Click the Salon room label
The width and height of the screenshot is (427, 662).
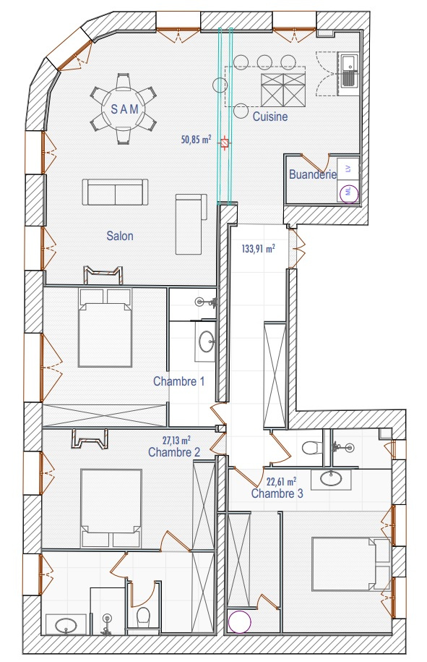tap(120, 236)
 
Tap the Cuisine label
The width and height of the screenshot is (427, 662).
tap(270, 116)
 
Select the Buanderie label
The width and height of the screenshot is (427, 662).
tap(313, 174)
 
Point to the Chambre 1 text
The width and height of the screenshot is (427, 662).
tap(178, 381)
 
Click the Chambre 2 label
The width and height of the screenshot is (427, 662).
tap(174, 452)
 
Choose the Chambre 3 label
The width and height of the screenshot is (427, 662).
tap(277, 493)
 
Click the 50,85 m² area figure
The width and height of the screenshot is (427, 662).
tap(196, 140)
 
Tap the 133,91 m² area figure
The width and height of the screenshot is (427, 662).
tap(259, 248)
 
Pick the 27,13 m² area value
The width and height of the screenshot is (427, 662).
tap(176, 441)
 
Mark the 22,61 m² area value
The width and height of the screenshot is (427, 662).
tap(281, 481)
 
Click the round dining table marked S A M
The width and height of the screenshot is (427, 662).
tap(123, 109)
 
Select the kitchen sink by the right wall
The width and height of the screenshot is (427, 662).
tap(348, 70)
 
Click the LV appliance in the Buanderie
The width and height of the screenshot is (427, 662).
tap(348, 169)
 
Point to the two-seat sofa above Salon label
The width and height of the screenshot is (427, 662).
tap(115, 192)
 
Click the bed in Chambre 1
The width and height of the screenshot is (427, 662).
tap(105, 327)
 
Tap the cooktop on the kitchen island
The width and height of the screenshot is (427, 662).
tap(283, 90)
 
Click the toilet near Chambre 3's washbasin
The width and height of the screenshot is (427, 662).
tap(311, 448)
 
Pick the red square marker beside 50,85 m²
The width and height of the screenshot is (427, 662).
tap(225, 143)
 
